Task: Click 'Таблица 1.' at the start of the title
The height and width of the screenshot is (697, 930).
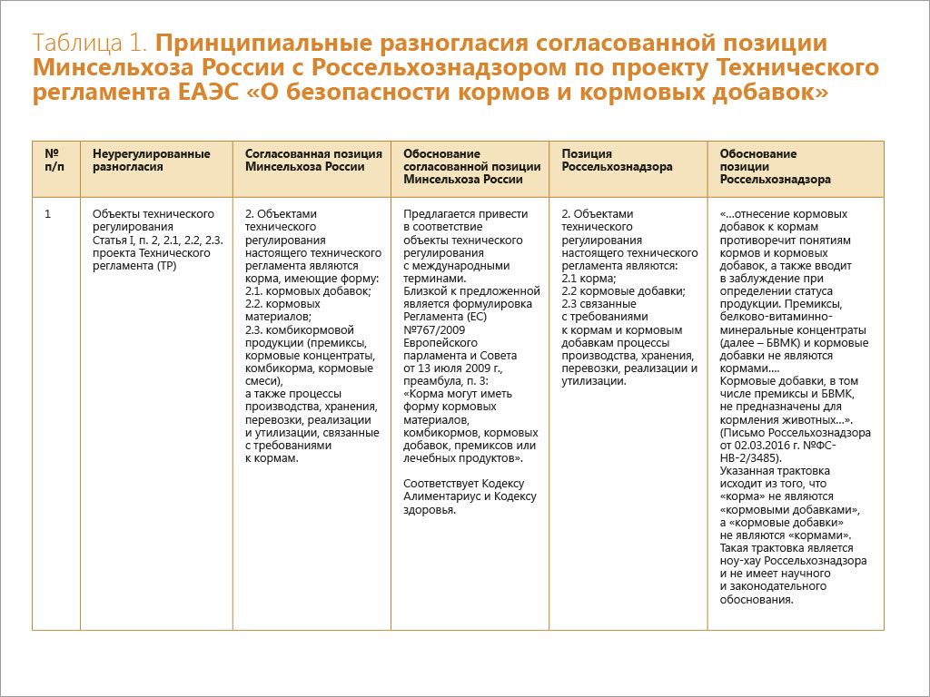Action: click(91, 44)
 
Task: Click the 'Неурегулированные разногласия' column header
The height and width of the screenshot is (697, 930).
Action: click(151, 160)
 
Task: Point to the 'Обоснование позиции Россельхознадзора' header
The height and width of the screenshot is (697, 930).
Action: click(775, 167)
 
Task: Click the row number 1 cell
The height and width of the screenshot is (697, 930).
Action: click(48, 214)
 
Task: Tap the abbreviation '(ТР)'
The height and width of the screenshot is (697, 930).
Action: click(166, 266)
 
